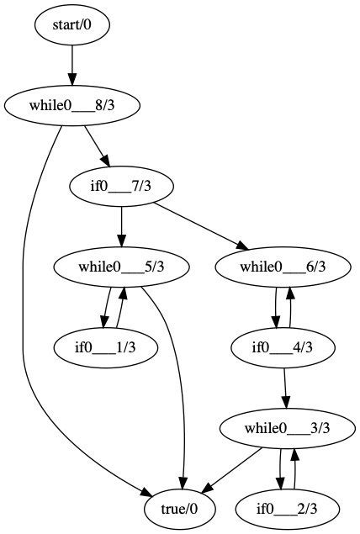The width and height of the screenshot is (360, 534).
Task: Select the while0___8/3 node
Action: (71, 106)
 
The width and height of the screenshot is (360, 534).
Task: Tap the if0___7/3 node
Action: (121, 186)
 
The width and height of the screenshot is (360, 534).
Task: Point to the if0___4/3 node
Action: (283, 346)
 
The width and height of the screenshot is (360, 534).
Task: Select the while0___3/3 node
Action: (286, 427)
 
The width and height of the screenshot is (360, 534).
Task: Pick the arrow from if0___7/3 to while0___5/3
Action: (121, 226)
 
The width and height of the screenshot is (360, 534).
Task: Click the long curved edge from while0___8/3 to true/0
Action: (25, 336)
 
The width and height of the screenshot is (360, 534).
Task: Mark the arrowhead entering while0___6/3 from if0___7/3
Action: (243, 247)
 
